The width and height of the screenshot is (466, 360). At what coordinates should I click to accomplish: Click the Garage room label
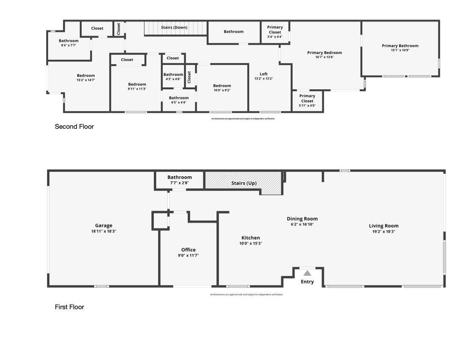[x=103, y=226]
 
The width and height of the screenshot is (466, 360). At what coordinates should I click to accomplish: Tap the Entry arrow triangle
[x=307, y=273]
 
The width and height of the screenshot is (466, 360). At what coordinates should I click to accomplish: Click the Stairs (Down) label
[x=174, y=28]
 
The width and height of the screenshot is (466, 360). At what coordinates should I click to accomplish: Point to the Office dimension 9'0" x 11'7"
[x=189, y=255]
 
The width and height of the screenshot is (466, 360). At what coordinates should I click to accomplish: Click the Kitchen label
[x=251, y=238]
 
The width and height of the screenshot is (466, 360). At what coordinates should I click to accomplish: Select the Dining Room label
[x=302, y=219]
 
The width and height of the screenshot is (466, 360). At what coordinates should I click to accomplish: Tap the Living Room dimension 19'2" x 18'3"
[x=383, y=232]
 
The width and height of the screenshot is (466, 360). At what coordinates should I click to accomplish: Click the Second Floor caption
[x=74, y=126]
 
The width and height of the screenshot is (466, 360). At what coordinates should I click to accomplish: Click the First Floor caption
[x=69, y=307]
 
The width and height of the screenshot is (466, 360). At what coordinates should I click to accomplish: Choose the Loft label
[x=264, y=74]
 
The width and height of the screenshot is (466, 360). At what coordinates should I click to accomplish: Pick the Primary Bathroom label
[x=400, y=46]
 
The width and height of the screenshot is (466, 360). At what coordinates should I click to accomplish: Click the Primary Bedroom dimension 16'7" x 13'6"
[x=325, y=57]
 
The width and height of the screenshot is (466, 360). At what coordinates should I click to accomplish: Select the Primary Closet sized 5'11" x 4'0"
[x=307, y=101]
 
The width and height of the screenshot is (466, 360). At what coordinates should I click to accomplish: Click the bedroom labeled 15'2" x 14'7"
[x=86, y=78]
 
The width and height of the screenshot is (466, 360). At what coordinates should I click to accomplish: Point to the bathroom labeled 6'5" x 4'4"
[x=178, y=100]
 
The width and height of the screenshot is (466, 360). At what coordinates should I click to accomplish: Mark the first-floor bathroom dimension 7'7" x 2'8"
[x=179, y=183]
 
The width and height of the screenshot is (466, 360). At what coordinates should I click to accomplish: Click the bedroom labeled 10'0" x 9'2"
[x=222, y=88]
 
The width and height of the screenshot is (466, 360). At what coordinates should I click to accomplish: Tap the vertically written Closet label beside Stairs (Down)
[x=119, y=28]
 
